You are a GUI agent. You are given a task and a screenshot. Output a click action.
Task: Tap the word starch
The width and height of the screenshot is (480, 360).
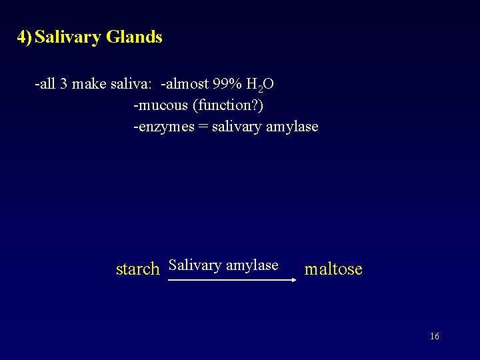tap(137, 269)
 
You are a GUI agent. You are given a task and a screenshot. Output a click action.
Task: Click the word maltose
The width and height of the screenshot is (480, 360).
tap(333, 269)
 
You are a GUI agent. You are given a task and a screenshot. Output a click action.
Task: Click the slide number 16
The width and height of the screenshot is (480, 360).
tap(435, 337)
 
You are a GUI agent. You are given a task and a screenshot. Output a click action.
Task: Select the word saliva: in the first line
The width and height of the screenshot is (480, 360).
tap(132, 84)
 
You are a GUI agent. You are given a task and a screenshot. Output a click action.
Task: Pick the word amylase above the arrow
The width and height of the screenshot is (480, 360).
tap(252, 265)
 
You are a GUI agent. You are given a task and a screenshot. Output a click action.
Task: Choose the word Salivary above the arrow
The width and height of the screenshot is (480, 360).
tap(195, 265)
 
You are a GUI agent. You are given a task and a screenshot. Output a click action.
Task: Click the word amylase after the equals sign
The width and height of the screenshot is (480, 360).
tap(292, 127)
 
